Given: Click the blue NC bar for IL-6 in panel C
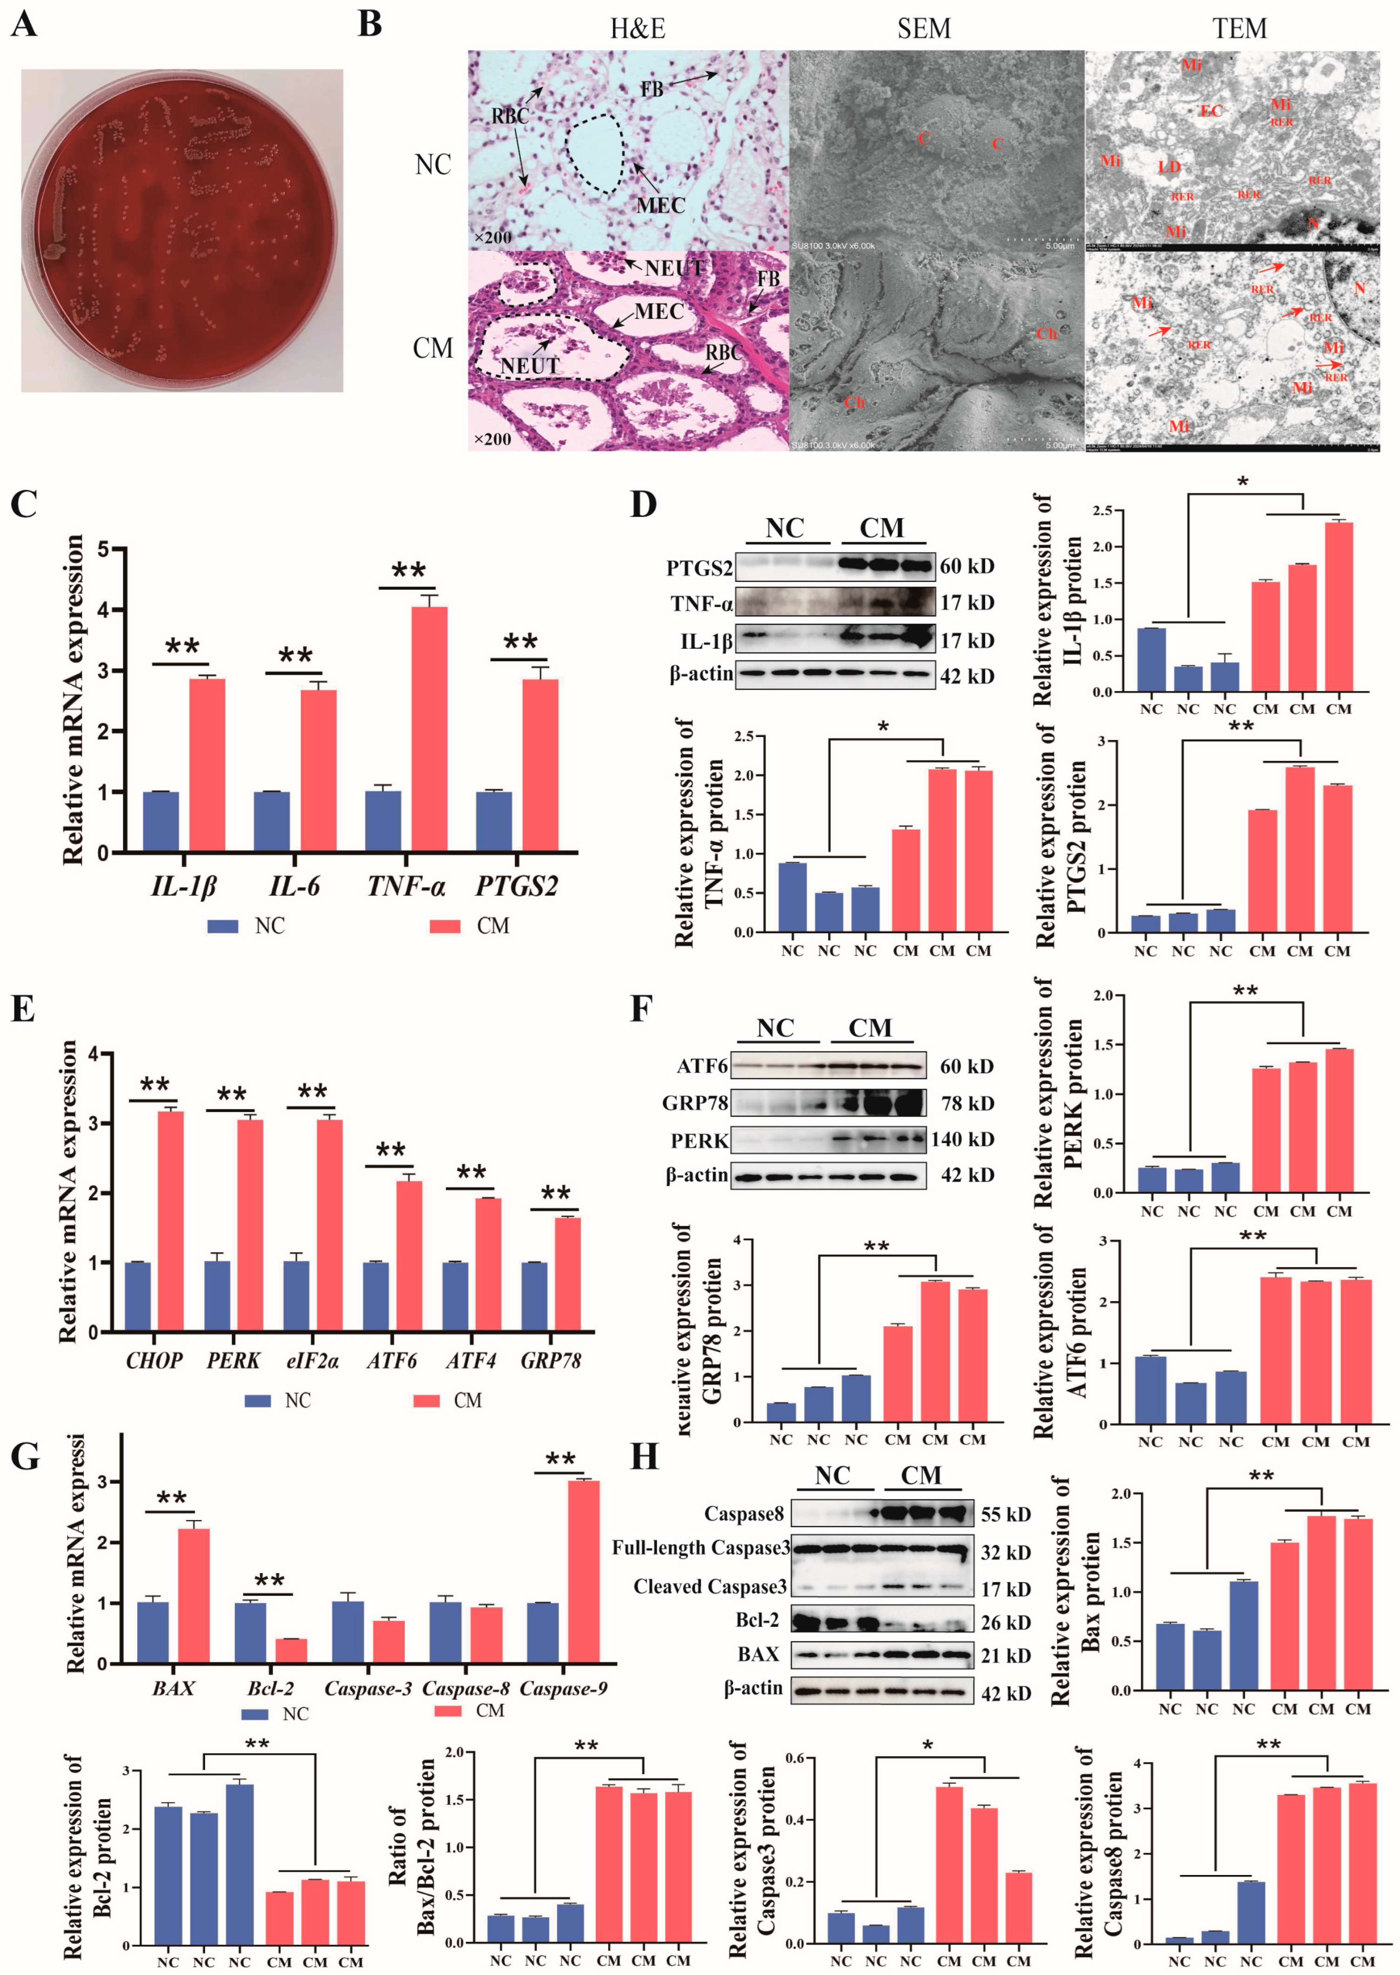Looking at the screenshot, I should pyautogui.click(x=272, y=821).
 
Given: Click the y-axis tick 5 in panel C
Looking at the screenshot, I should pyautogui.click(x=103, y=549).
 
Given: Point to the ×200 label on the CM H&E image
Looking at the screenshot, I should pyautogui.click(x=492, y=439).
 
